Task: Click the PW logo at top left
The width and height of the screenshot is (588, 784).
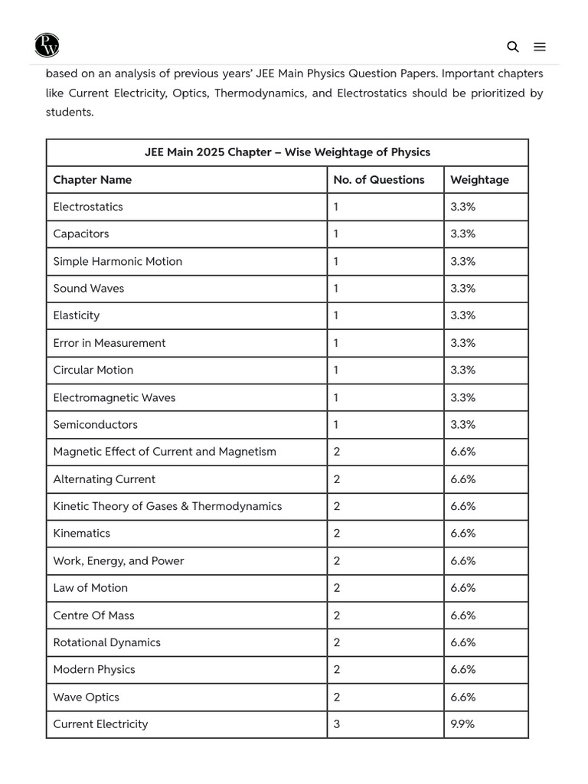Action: point(47,45)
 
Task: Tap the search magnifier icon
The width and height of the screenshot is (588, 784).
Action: point(513,47)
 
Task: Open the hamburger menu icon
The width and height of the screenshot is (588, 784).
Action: point(540,47)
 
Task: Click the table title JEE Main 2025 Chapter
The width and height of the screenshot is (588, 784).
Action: point(287,152)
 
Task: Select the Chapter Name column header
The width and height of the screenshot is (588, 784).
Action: point(92,180)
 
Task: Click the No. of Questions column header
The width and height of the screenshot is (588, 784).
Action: point(378,180)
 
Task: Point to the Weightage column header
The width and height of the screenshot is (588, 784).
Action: point(479,180)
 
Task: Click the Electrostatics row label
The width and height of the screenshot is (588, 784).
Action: point(87,207)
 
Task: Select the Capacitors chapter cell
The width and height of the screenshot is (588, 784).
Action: point(80,234)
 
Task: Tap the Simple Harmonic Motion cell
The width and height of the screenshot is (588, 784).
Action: point(117,261)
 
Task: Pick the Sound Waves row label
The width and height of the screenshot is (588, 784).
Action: point(88,289)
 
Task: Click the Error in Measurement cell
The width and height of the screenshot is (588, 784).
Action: point(109,343)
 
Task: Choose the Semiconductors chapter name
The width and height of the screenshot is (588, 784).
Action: point(95,424)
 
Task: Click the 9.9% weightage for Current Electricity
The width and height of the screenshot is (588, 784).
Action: point(462,724)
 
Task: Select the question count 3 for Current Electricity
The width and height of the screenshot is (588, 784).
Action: point(337,724)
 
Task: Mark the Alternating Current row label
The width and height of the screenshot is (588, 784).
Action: point(104,479)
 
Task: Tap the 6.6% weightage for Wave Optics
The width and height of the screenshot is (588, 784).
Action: point(463,697)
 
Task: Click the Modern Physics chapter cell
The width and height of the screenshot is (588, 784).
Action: point(93,669)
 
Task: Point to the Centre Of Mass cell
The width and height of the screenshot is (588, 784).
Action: point(93,615)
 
